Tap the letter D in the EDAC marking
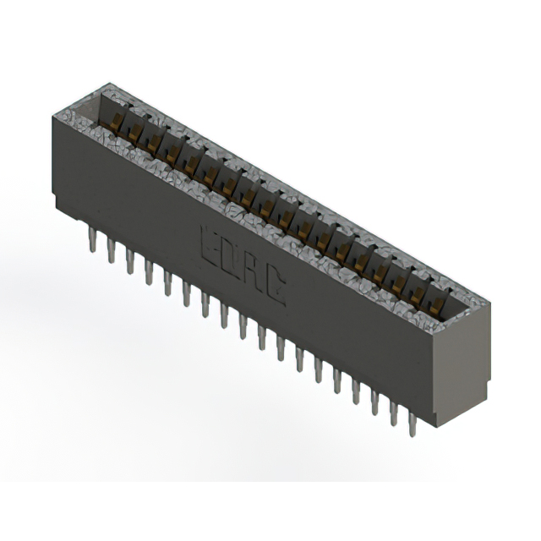tap(230, 258)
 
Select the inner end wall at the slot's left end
tap(94, 110)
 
